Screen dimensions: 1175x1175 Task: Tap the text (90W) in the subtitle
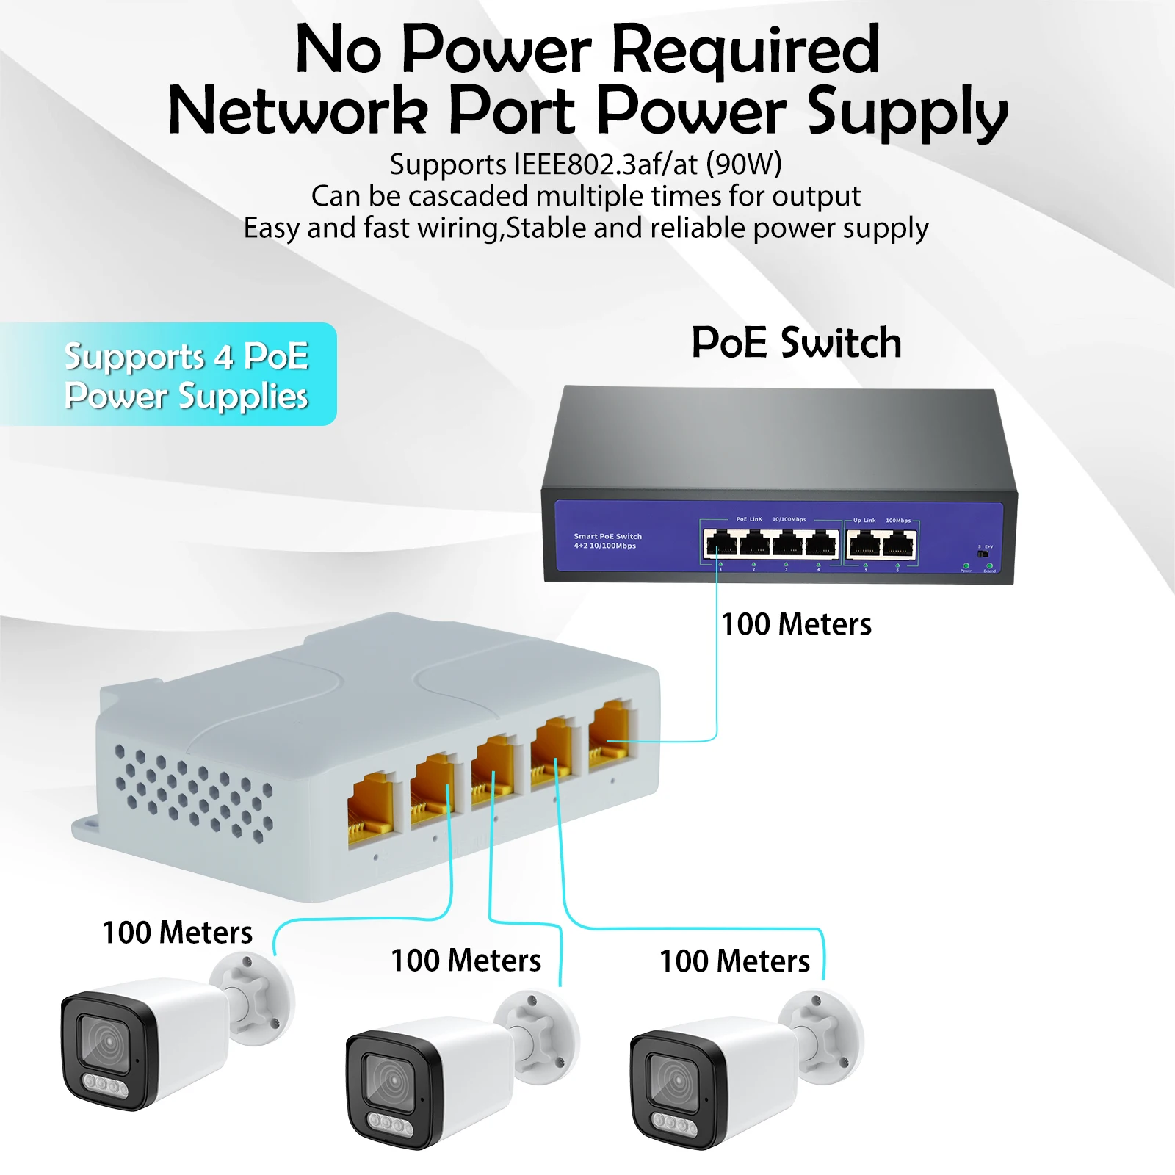tap(743, 164)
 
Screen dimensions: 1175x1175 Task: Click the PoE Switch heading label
tap(796, 343)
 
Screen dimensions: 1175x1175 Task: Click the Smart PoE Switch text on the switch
tap(607, 536)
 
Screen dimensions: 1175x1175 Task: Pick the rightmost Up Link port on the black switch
tap(899, 545)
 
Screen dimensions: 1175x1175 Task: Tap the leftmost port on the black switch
tap(720, 544)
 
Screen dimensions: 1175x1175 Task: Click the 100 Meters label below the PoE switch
tap(796, 625)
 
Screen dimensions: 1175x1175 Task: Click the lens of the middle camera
tap(391, 1082)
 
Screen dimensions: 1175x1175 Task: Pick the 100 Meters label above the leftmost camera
tap(177, 933)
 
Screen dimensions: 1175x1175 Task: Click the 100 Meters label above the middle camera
tap(466, 961)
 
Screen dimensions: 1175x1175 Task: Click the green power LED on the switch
tap(966, 566)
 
